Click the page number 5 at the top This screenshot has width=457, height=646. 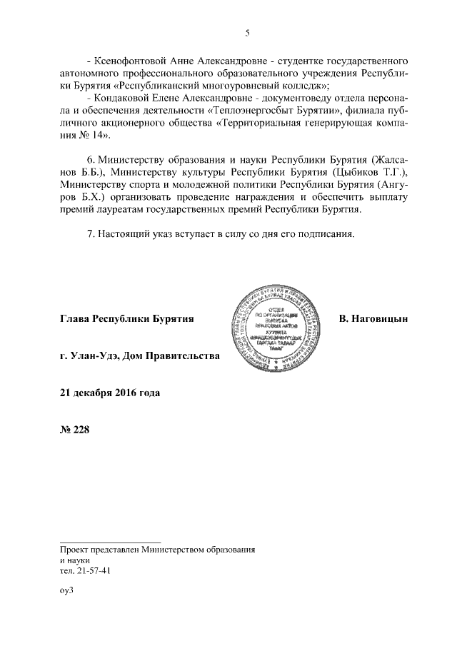(x=247, y=32)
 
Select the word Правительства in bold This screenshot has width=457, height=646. (x=185, y=355)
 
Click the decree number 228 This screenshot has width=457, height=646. (x=83, y=430)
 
